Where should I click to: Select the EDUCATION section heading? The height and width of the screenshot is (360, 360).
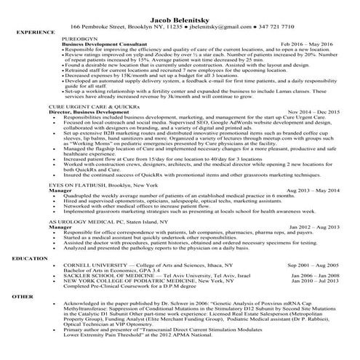click(x=30, y=258)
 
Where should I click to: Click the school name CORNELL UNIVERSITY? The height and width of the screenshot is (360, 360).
click(x=92, y=265)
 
